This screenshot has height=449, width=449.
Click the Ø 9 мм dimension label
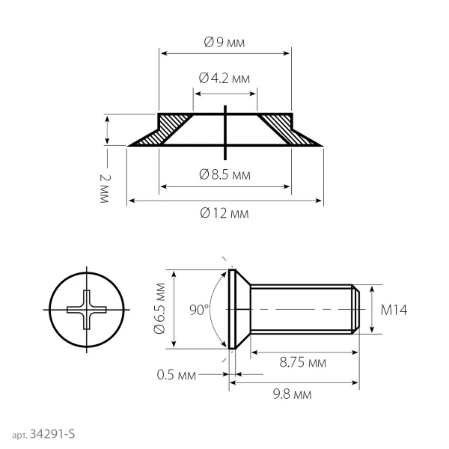coord(224,43)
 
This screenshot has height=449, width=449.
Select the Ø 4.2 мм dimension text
coord(224,78)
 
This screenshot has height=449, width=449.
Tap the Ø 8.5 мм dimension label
coord(224,174)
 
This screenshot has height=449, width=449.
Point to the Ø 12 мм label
coord(224,213)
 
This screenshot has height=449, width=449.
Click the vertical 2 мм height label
coord(105,189)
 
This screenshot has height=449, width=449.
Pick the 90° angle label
coord(199,310)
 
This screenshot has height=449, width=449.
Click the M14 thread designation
coord(394,310)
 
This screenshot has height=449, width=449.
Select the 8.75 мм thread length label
coord(303,362)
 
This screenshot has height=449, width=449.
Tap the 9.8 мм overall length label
coord(292,394)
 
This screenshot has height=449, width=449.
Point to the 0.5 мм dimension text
coord(177,375)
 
